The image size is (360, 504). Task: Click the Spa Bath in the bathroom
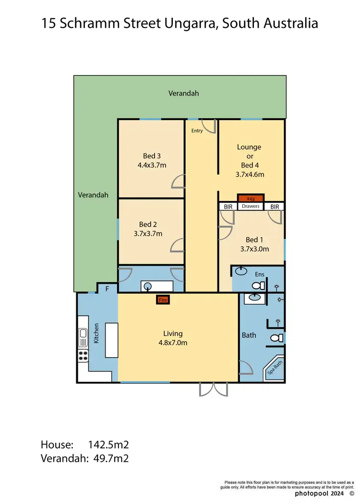click(x=274, y=372)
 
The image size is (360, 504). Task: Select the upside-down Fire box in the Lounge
click(x=250, y=198)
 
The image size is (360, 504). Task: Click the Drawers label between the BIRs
click(x=251, y=206)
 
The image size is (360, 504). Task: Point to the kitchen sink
click(x=83, y=333)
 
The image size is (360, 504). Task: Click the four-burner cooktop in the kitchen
click(x=83, y=356)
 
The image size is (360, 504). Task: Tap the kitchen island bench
click(x=112, y=340)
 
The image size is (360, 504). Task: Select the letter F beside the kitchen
click(x=108, y=289)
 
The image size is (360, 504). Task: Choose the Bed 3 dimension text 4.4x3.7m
click(x=151, y=165)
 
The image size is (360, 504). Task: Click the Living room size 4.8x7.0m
click(x=172, y=343)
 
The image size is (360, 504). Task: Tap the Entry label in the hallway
click(x=197, y=131)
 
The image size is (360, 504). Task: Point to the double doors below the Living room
click(x=214, y=389)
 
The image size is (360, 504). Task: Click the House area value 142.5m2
click(x=108, y=444)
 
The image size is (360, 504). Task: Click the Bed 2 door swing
click(x=178, y=244)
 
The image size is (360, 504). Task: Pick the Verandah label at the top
click(x=183, y=93)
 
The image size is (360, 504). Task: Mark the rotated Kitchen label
click(x=96, y=333)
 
